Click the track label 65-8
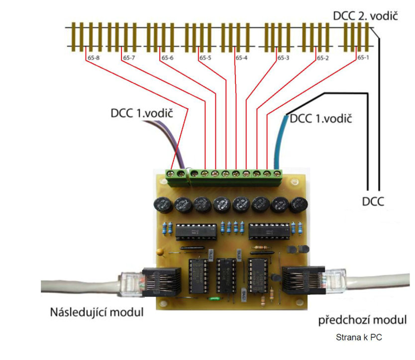[x=93, y=58]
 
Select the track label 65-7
[x=128, y=58]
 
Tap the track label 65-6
[x=167, y=58]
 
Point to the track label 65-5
[x=206, y=58]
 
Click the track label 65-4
[x=241, y=58]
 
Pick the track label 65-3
[x=283, y=58]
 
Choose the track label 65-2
[x=323, y=58]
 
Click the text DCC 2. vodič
[x=366, y=16]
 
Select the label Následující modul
[x=97, y=313]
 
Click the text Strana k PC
[x=360, y=338]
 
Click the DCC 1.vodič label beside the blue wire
[x=321, y=119]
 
